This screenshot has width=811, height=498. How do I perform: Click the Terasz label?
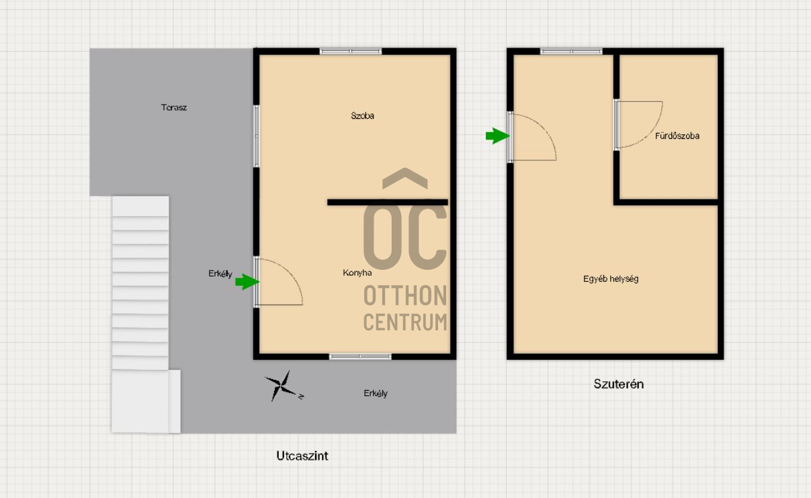[x=174, y=107]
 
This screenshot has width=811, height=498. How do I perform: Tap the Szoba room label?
[x=362, y=115]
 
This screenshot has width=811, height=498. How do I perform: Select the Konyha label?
[x=357, y=272]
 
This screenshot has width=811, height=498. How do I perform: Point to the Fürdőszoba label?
[x=677, y=136]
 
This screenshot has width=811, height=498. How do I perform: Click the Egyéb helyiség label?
[x=611, y=279]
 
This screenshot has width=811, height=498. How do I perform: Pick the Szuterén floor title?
[x=619, y=384]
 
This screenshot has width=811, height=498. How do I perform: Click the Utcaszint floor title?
[x=302, y=456]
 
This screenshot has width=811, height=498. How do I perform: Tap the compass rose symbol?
[x=284, y=386]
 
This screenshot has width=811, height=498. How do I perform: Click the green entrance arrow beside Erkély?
[x=247, y=282]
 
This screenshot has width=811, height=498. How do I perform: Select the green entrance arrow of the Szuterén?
[x=497, y=136]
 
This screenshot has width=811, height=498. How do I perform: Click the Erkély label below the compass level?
[x=376, y=393]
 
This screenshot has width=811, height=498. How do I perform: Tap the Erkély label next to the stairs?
[x=220, y=274]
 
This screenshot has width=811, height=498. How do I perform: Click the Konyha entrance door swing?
[x=290, y=275]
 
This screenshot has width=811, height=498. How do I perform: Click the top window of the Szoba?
[x=351, y=52]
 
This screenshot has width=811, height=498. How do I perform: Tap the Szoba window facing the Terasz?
[x=256, y=136]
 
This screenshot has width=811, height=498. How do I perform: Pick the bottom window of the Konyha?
[x=360, y=356]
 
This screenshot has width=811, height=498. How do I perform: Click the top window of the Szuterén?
[x=571, y=52]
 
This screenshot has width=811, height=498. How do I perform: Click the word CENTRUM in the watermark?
[x=405, y=322]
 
